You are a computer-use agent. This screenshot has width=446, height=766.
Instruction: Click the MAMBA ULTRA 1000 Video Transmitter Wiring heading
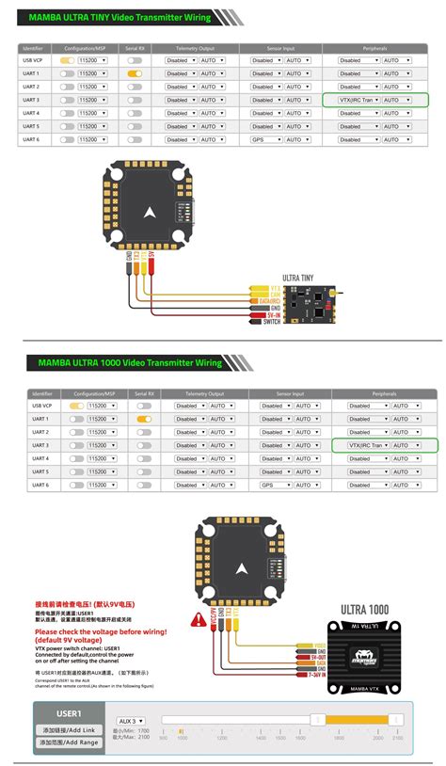(130, 362)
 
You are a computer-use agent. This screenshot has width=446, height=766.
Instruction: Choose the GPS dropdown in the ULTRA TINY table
(264, 139)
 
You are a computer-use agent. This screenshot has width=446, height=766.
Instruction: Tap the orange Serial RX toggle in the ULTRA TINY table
(135, 72)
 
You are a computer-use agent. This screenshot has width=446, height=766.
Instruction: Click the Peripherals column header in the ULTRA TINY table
(374, 47)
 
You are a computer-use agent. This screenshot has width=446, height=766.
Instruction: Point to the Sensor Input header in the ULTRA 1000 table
(290, 393)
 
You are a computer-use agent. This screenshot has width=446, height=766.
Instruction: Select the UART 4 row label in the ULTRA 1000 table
(40, 458)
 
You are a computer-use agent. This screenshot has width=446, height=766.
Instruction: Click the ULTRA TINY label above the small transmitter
(298, 277)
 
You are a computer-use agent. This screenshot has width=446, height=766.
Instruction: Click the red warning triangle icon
(199, 619)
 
